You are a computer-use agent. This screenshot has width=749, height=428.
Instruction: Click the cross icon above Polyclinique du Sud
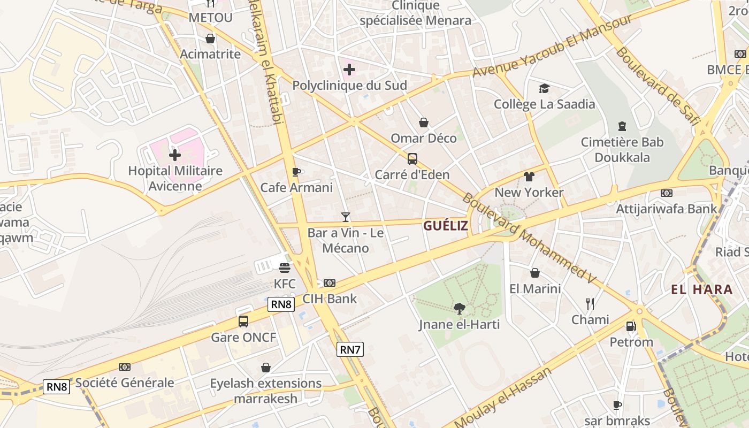(x=349, y=70)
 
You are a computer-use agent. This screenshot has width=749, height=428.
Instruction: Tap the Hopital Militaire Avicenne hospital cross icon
(x=175, y=156)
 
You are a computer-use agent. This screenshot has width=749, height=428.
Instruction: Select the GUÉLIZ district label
(x=446, y=226)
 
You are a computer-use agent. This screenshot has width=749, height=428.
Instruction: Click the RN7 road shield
(x=350, y=350)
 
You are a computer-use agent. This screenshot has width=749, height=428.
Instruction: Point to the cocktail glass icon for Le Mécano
(x=346, y=217)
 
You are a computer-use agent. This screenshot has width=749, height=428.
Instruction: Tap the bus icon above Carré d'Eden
(x=412, y=159)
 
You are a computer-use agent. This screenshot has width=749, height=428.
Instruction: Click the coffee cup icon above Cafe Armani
(x=296, y=172)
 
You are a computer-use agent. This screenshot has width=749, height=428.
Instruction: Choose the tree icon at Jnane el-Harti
(x=459, y=308)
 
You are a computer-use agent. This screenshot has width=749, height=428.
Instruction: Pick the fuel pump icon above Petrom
(x=631, y=326)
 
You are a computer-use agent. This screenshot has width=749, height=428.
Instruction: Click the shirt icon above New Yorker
(x=529, y=177)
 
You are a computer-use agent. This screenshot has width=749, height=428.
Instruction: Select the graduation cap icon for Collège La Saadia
(x=544, y=88)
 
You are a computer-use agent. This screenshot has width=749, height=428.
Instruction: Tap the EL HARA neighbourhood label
(x=702, y=290)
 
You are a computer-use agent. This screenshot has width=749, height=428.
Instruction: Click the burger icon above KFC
(x=285, y=267)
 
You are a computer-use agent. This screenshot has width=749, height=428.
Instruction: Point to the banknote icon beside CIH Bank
(x=330, y=283)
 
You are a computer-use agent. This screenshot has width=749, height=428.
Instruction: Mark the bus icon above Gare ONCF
(x=243, y=322)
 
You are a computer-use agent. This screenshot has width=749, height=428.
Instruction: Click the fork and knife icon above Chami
(x=590, y=304)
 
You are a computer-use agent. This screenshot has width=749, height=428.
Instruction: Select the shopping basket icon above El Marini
(x=534, y=273)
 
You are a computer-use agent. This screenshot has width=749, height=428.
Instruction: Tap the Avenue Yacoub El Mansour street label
(x=553, y=46)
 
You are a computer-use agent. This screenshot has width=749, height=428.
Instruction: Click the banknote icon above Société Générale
(x=125, y=367)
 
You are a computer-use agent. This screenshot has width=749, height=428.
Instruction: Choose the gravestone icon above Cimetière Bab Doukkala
(x=622, y=126)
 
